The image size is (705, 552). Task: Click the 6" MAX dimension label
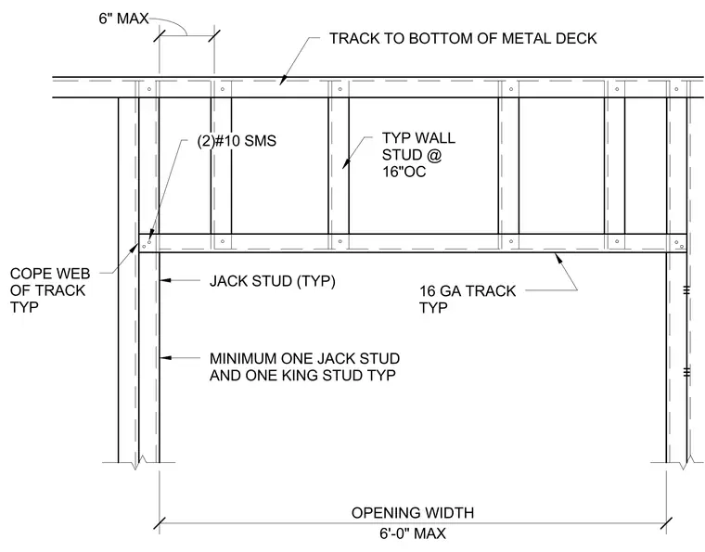123,19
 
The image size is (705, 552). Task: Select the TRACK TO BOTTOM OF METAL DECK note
463,39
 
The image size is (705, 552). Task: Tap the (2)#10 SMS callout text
237,141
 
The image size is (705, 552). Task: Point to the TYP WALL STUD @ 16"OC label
418,155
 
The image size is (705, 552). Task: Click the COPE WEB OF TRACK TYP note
50,290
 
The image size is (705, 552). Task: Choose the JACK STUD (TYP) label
273,281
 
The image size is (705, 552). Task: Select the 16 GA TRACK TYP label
468,300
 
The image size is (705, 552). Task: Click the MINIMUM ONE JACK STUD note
305,359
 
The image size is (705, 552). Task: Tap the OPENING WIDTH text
413,513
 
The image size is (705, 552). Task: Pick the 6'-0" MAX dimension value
413,533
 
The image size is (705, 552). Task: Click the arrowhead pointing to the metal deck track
282,81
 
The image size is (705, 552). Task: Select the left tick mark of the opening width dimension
160,523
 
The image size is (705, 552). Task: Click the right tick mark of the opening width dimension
667,523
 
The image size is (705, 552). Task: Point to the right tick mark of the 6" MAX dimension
214,36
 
